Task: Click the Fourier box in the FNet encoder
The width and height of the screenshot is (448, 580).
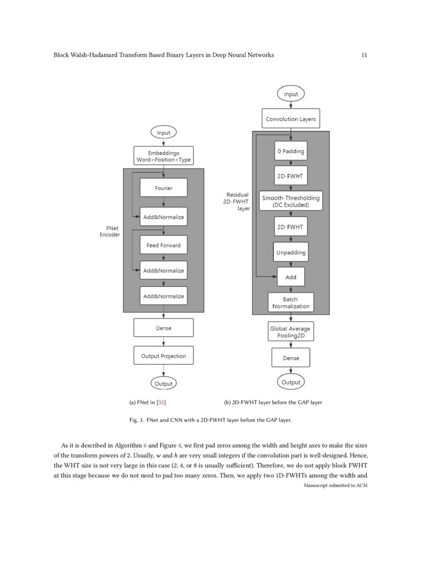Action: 163,188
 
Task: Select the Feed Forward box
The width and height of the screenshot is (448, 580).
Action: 163,245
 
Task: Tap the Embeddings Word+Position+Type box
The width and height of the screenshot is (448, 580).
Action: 163,156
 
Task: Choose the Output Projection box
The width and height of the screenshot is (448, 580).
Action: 163,356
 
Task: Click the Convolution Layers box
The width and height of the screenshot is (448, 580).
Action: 290,119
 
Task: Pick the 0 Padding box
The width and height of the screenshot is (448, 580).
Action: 290,151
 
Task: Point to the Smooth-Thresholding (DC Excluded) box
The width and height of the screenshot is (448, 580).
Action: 290,201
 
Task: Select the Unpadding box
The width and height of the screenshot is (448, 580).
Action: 290,253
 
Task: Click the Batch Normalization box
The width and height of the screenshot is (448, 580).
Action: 290,303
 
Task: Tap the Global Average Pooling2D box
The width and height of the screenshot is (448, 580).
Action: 290,332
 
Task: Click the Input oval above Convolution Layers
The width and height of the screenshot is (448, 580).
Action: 290,94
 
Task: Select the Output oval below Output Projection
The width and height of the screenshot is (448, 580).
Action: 163,384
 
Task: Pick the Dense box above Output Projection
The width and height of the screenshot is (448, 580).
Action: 163,328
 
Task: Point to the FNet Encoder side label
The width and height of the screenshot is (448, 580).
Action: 110,231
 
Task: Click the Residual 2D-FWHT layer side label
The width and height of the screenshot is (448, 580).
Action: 237,201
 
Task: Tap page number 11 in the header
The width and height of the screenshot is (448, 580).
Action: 364,55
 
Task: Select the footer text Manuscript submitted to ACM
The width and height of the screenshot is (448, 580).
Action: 335,485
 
